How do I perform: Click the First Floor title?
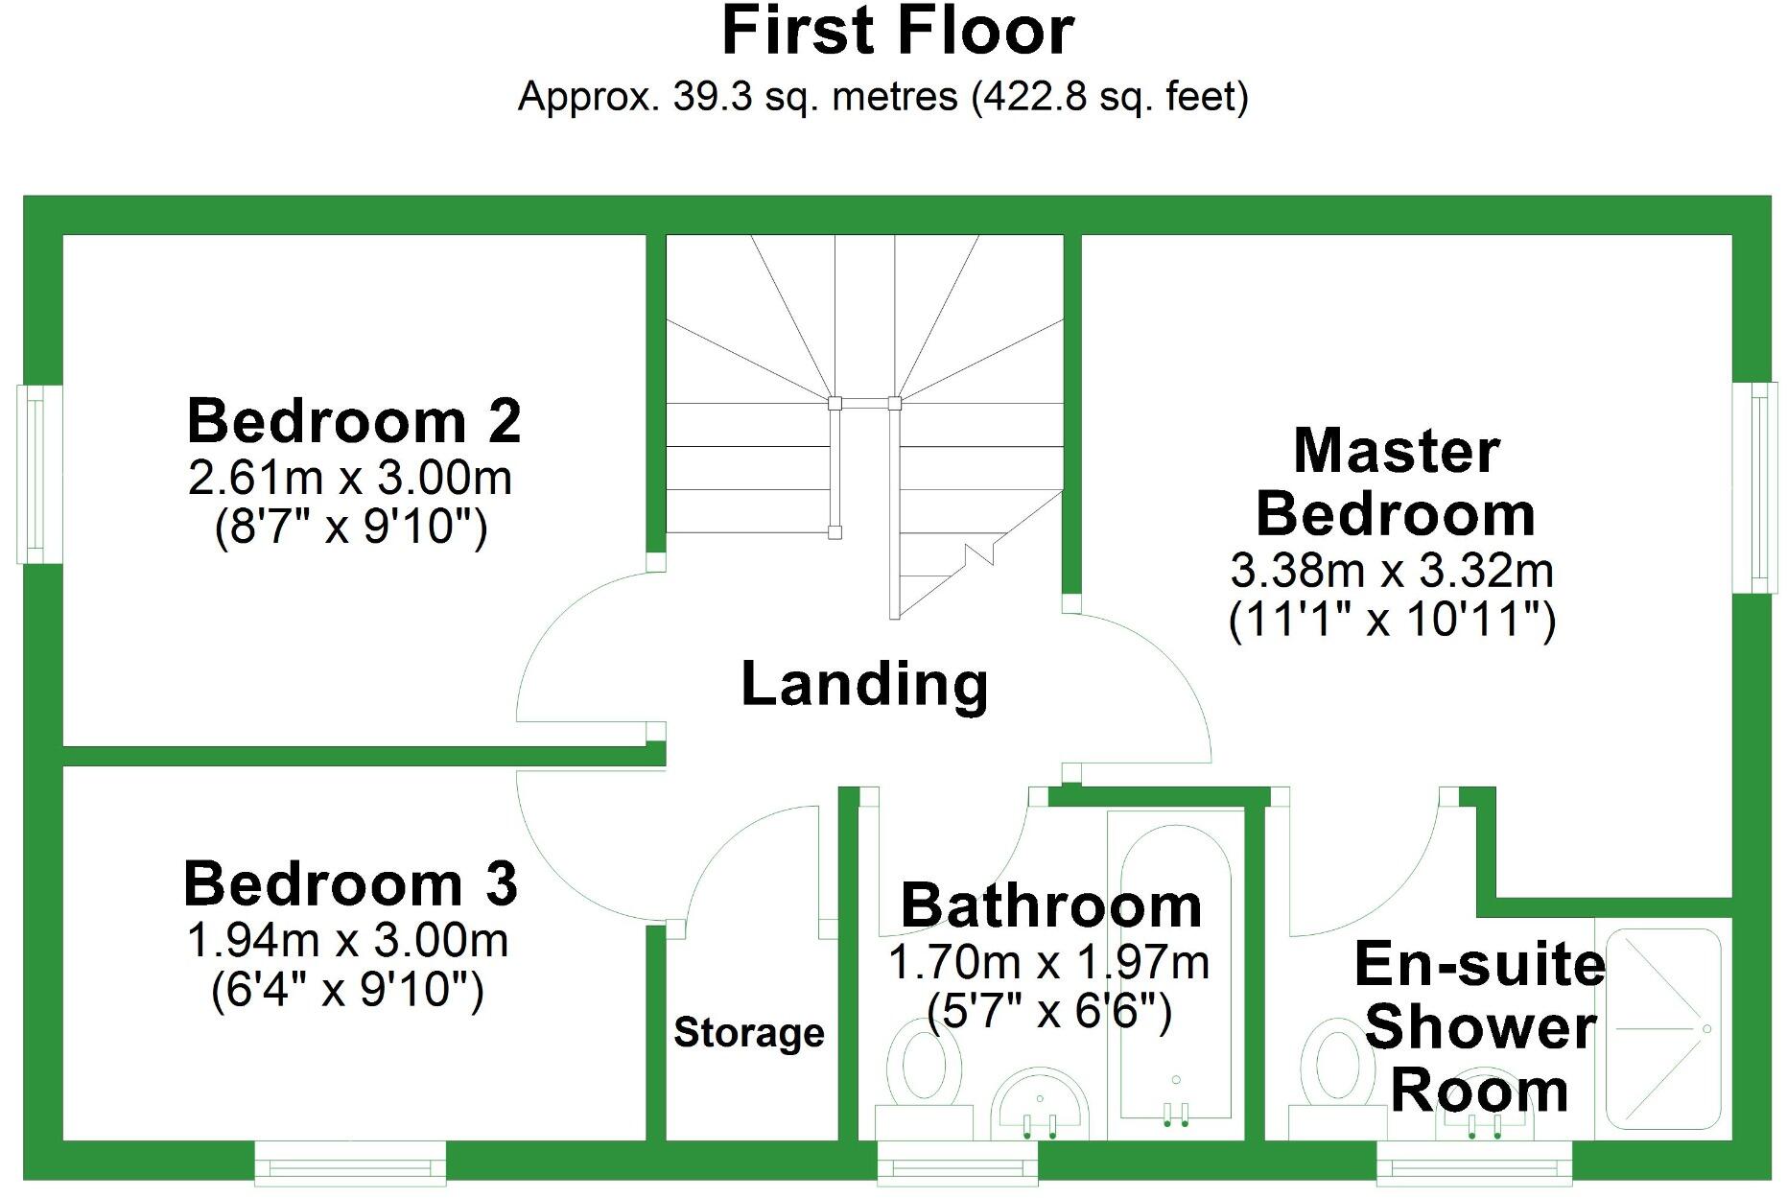pyautogui.click(x=897, y=32)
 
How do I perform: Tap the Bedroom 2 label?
pyautogui.click(x=354, y=421)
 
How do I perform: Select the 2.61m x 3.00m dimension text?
pyautogui.click(x=350, y=478)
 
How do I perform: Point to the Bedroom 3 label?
pyautogui.click(x=350, y=883)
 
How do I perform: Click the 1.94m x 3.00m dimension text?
pyautogui.click(x=347, y=941)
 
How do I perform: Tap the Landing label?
pyautogui.click(x=864, y=684)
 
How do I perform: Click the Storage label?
pyautogui.click(x=748, y=1033)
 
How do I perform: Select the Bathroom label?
pyautogui.click(x=1050, y=905)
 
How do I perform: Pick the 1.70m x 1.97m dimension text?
pyautogui.click(x=1048, y=963)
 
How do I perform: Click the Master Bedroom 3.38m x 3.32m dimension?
pyautogui.click(x=1392, y=572)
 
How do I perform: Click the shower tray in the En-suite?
pyautogui.click(x=1662, y=1029)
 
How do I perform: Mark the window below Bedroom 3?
pyautogui.click(x=350, y=1163)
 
